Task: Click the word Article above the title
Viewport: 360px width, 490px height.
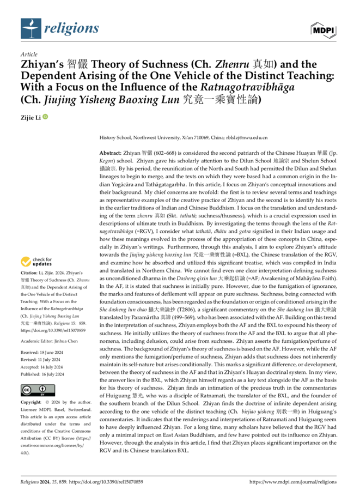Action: pyautogui.click(x=28, y=55)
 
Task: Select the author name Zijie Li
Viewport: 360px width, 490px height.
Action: pyautogui.click(x=30, y=117)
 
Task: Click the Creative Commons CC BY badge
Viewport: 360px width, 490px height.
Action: pyautogui.click(x=34, y=389)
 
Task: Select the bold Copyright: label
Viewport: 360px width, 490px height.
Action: pyautogui.click(x=32, y=401)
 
